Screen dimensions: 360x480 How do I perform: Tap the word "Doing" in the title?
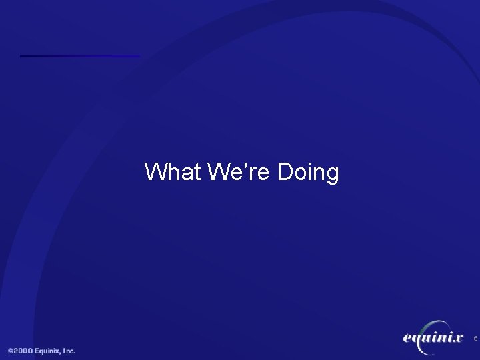(307, 173)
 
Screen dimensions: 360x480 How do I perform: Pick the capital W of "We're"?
(219, 172)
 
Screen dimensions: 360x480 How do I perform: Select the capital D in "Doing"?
(285, 172)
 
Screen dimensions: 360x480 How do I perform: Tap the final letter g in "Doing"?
(332, 175)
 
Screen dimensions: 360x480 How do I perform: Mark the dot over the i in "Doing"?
(309, 163)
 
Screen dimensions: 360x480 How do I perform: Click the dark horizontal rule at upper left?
(80, 56)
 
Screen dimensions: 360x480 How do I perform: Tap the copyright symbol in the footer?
(11, 351)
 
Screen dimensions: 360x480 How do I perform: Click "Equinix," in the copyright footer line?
(49, 351)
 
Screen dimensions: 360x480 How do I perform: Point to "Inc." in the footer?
(69, 351)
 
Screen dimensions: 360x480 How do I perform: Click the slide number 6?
(475, 339)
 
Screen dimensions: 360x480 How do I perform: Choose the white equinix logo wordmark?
(433, 339)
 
